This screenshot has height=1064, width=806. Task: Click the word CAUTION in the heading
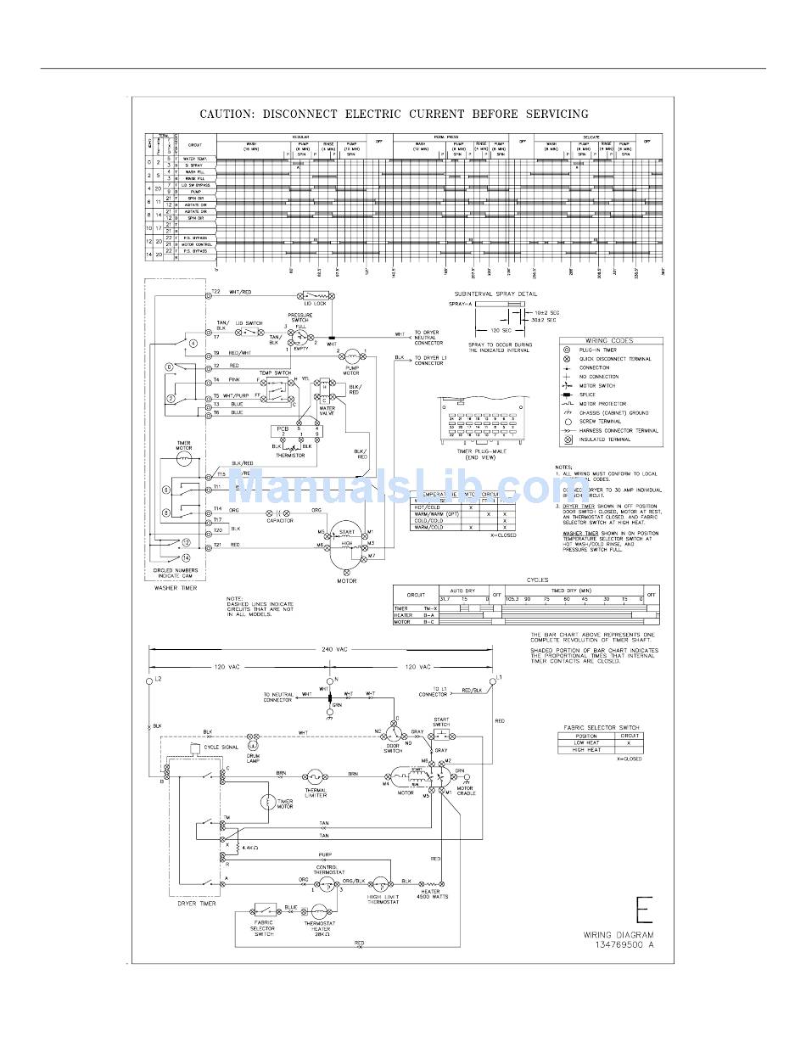pyautogui.click(x=227, y=114)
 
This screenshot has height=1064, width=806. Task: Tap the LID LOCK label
pyautogui.click(x=315, y=303)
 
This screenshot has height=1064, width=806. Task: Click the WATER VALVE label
pyautogui.click(x=327, y=411)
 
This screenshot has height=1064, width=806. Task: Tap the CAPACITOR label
pyautogui.click(x=279, y=521)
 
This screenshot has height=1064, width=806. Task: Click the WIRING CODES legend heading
pyautogui.click(x=609, y=340)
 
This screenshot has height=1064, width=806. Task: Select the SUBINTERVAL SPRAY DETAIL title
pyautogui.click(x=495, y=294)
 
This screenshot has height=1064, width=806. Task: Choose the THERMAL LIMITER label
pyautogui.click(x=316, y=793)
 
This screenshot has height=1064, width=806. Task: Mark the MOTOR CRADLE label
pyautogui.click(x=467, y=791)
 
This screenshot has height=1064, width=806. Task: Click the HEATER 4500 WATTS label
pyautogui.click(x=432, y=893)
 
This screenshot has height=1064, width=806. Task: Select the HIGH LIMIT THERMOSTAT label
pyautogui.click(x=383, y=899)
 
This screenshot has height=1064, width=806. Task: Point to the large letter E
pyautogui.click(x=645, y=910)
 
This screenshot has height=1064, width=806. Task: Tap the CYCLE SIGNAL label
pyautogui.click(x=221, y=747)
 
